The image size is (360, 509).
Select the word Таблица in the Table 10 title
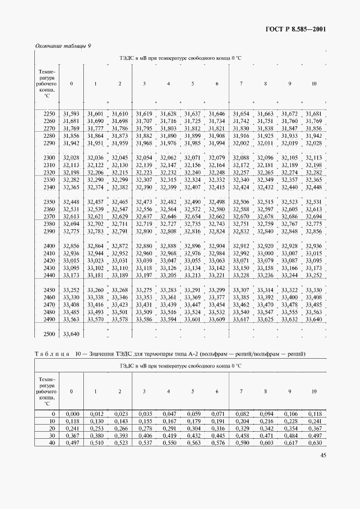pyautogui.click(x=53, y=354)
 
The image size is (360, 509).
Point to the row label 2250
pyautogui.click(x=48, y=113)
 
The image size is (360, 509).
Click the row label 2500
pyautogui.click(x=48, y=334)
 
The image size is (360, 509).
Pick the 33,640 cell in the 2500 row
pyautogui.click(x=71, y=334)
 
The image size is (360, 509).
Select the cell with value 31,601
pyautogui.click(x=95, y=113)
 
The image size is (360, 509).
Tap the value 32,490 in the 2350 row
pyautogui.click(x=192, y=201)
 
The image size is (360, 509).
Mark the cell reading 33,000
pyautogui.click(x=265, y=253)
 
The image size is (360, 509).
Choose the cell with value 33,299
pyautogui.click(x=217, y=290)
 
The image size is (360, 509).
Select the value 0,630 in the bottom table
pyautogui.click(x=314, y=443)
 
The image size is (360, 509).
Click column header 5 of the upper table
pyautogui.click(x=192, y=83)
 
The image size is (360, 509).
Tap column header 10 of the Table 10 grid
pyautogui.click(x=314, y=391)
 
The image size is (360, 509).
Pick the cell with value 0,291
pyautogui.click(x=168, y=428)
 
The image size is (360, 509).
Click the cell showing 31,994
pyautogui.click(x=217, y=143)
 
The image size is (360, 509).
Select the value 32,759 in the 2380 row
pyautogui.click(x=265, y=223)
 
